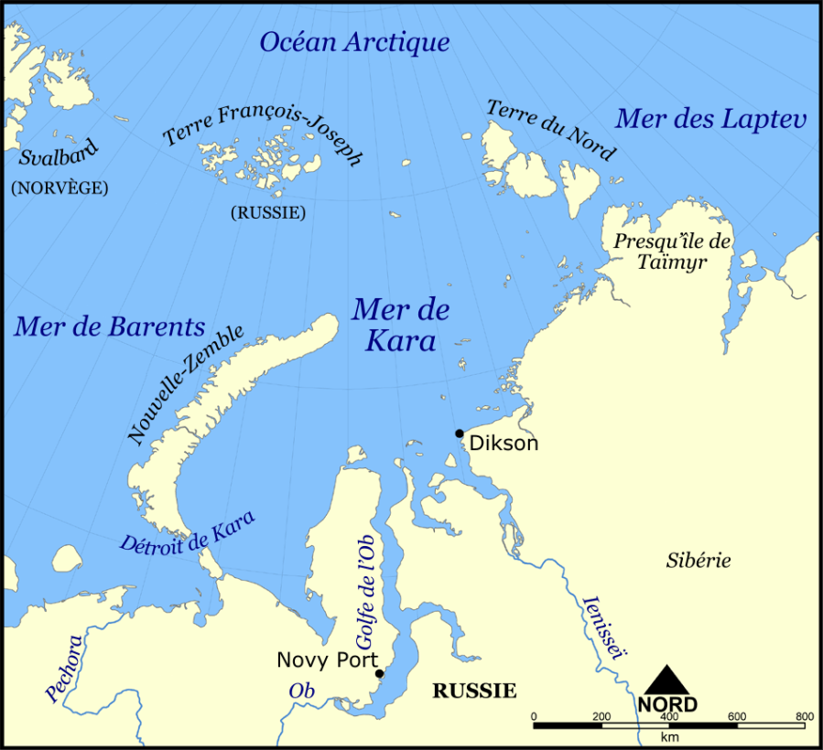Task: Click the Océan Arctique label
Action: click(x=354, y=42)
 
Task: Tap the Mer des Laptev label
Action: click(x=710, y=119)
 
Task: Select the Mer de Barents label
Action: click(x=109, y=327)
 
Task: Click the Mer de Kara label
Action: click(x=400, y=325)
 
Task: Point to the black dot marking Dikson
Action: click(x=460, y=434)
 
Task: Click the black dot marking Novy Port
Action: click(x=379, y=674)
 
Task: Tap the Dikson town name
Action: click(x=504, y=444)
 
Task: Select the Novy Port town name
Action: click(x=327, y=659)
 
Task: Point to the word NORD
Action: click(x=667, y=704)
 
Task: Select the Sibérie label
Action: click(x=698, y=561)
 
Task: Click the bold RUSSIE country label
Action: click(x=474, y=691)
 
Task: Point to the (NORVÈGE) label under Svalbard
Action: click(x=59, y=187)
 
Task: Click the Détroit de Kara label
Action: click(x=188, y=530)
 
